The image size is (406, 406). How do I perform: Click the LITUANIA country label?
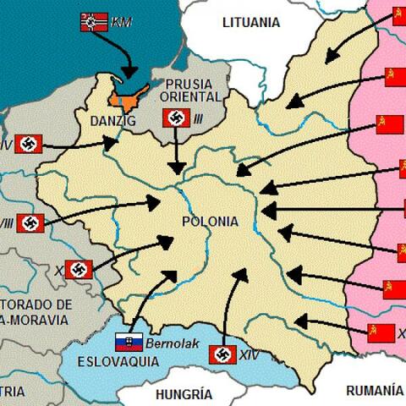click(250, 22)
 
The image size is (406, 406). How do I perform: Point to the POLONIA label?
click(210, 222)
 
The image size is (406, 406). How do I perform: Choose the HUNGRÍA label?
click(184, 394)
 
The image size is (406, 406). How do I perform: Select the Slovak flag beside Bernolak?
click(129, 343)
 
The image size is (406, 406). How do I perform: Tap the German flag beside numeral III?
click(175, 118)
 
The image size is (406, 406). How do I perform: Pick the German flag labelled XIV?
click(221, 354)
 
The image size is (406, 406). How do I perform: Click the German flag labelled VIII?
click(30, 223)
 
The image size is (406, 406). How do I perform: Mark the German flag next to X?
click(79, 270)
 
